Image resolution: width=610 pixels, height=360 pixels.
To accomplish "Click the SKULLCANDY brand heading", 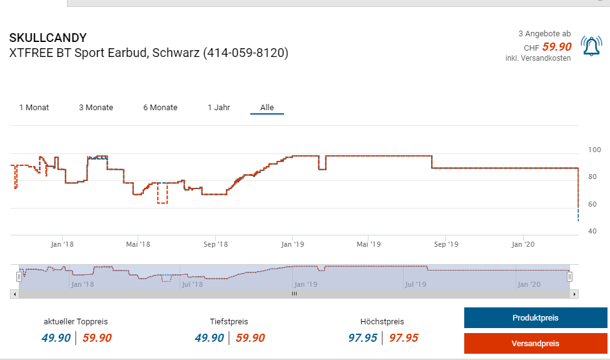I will click(48, 38).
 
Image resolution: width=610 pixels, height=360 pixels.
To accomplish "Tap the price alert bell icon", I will click(591, 46).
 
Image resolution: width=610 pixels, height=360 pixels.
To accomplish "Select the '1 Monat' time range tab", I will click(34, 108).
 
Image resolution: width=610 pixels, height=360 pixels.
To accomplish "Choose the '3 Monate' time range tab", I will click(96, 108).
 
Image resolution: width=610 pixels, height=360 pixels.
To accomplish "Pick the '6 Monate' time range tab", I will click(160, 108).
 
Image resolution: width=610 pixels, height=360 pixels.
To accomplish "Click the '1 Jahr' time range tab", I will click(219, 108).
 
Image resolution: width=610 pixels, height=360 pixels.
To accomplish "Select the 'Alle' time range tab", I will click(267, 108).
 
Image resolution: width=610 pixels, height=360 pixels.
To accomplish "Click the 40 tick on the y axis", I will click(592, 232).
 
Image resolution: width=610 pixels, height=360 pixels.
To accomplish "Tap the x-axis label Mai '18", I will click(138, 244).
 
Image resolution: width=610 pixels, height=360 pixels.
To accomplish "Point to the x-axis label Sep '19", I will click(446, 244).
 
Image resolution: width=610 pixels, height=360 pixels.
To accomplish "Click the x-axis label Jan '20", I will click(523, 244).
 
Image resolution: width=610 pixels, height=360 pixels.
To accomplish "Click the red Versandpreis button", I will click(535, 343).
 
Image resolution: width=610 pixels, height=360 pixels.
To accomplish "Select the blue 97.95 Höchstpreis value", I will click(362, 338).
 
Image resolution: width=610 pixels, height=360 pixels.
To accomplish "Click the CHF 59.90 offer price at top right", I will click(556, 47).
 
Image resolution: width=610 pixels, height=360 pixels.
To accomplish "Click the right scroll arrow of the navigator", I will click(574, 293).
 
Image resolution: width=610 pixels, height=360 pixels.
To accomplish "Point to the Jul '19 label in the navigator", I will click(415, 284).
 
